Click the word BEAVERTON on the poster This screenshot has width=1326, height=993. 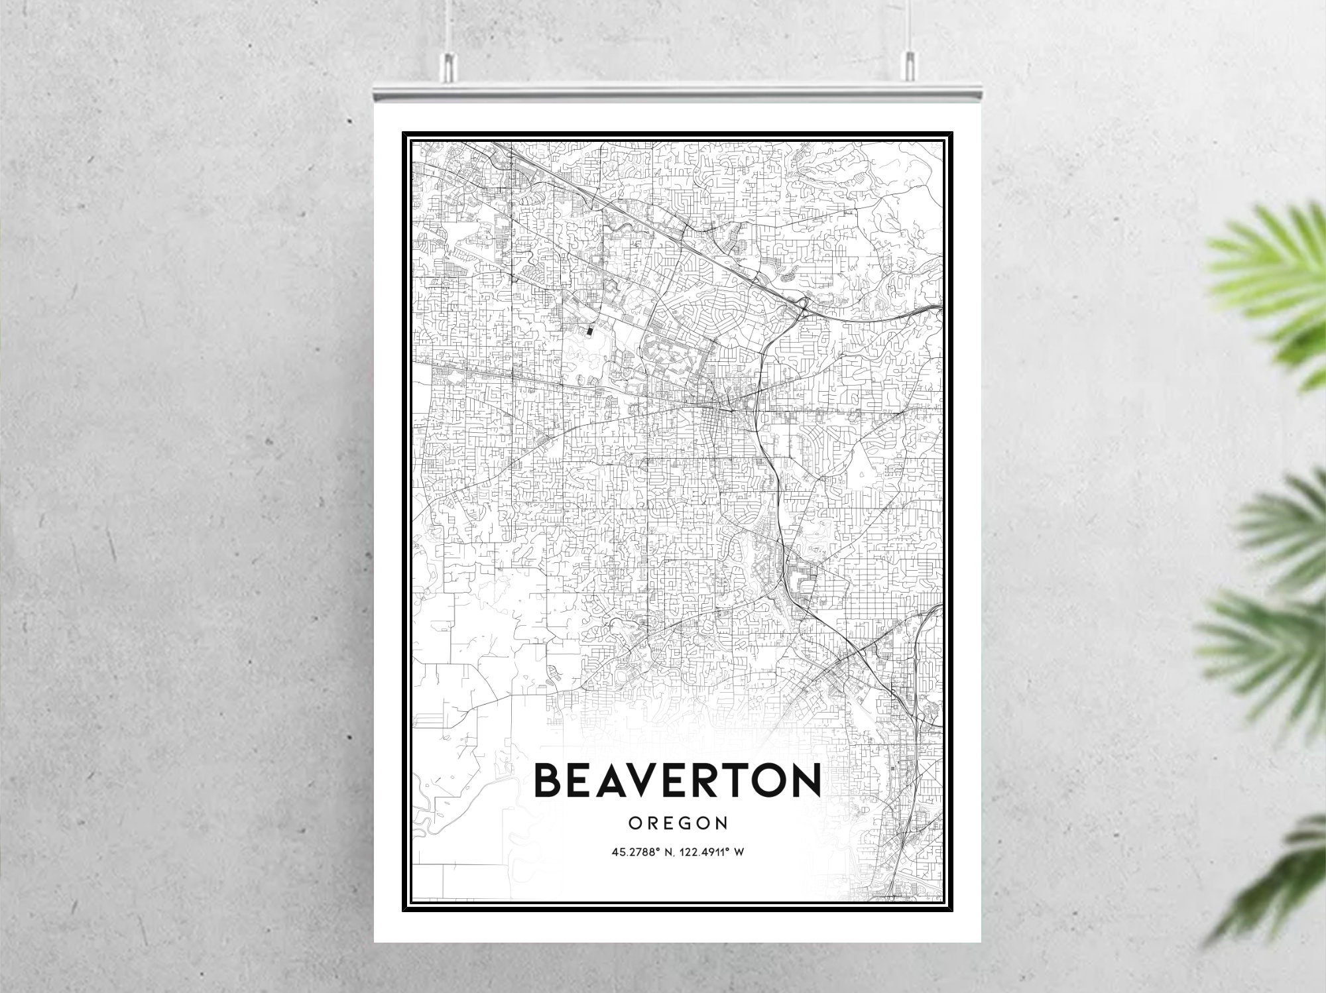(677, 780)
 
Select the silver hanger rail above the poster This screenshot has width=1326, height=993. (677, 91)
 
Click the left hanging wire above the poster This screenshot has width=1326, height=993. (449, 27)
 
